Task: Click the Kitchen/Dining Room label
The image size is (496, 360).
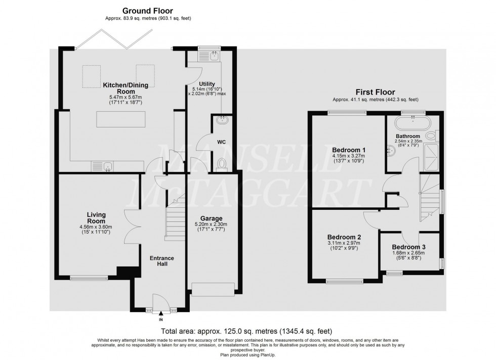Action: [x=122, y=88]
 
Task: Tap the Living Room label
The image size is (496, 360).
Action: [x=95, y=218]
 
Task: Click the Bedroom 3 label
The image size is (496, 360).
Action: [x=409, y=247]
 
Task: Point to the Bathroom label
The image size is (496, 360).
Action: [x=408, y=137]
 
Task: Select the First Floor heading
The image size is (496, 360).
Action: [x=375, y=93]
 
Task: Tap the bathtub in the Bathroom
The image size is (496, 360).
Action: [x=413, y=123]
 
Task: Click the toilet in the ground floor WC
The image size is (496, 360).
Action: [x=221, y=163]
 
